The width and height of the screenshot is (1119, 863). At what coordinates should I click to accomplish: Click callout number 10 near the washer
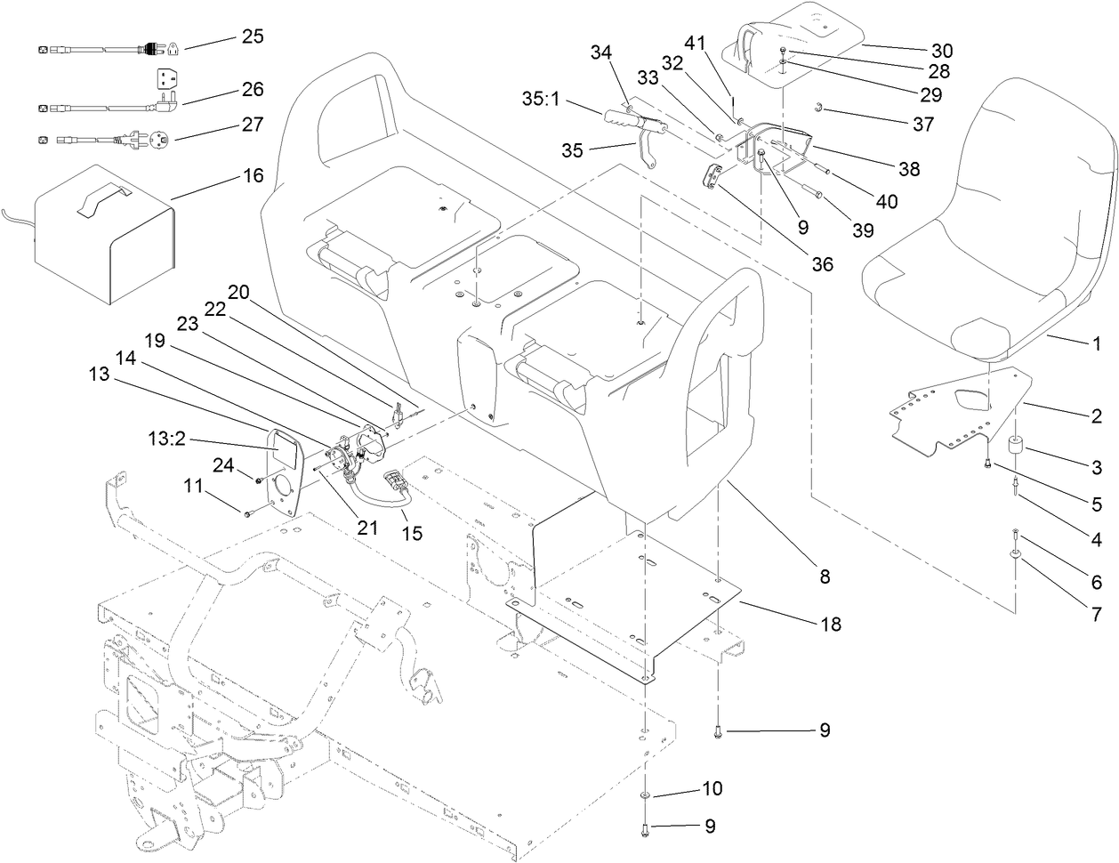point(712,788)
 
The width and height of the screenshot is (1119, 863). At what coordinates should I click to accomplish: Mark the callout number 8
point(824,577)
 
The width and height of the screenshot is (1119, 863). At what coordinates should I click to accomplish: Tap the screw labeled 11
point(247,512)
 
